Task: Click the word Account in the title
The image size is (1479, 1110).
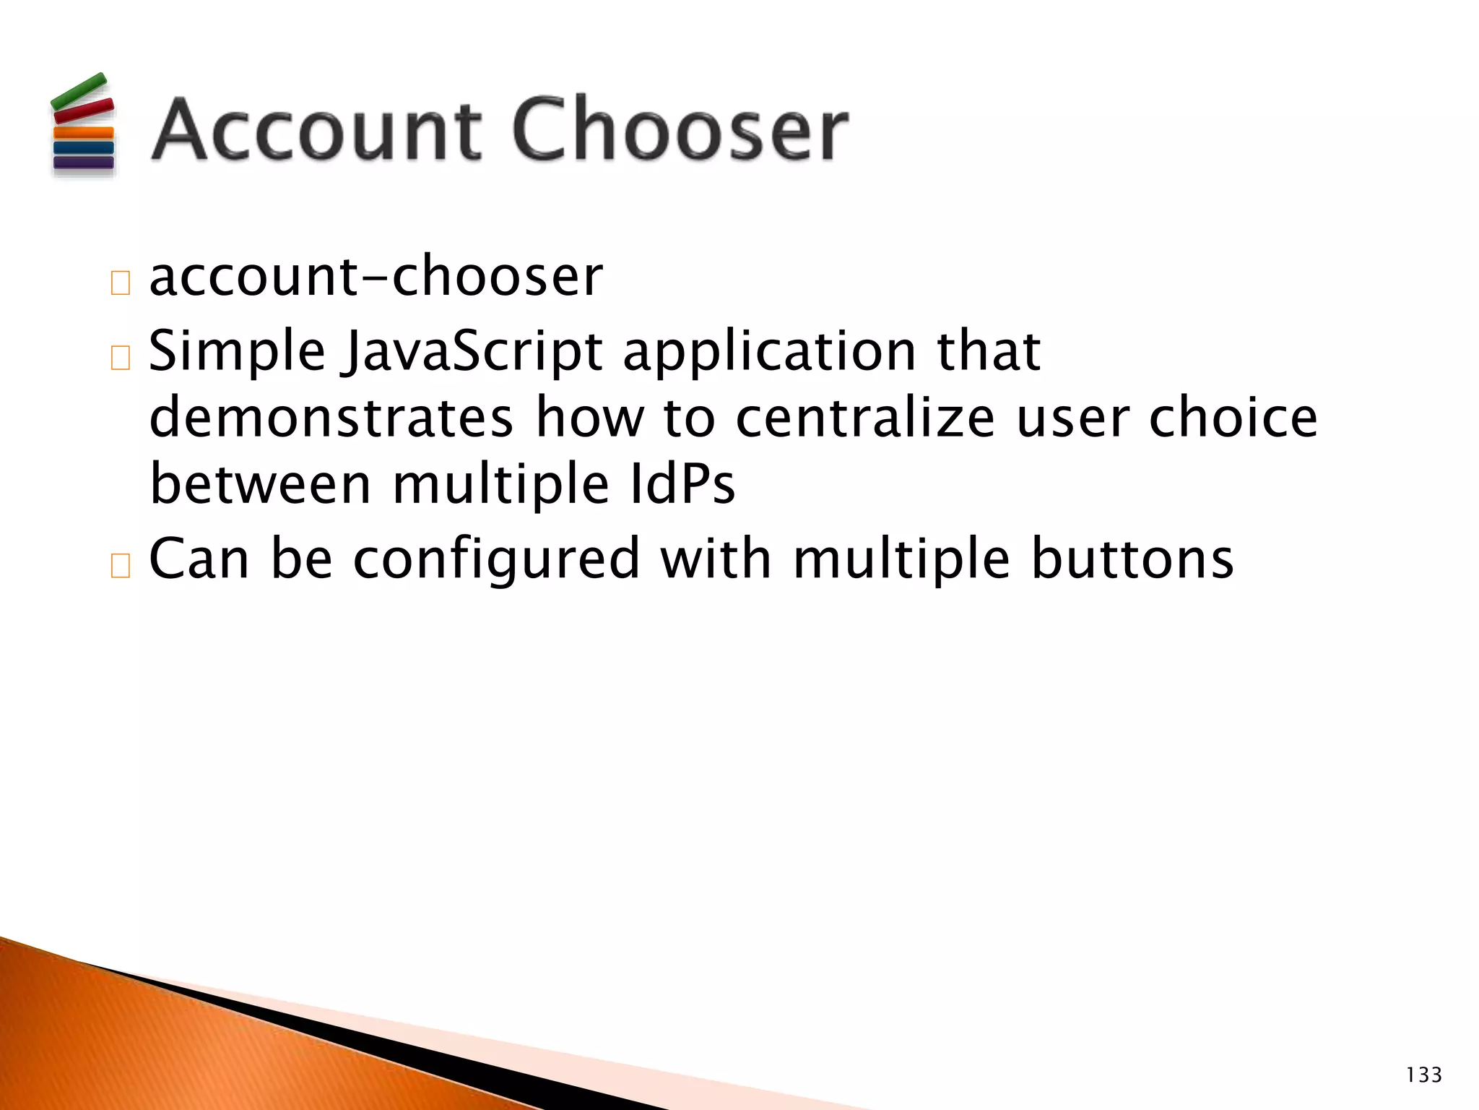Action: click(316, 130)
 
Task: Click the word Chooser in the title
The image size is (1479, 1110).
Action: click(680, 130)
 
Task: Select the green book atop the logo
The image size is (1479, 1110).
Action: click(79, 90)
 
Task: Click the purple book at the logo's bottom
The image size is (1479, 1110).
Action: click(84, 163)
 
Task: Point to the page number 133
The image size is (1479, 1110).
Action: click(1423, 1075)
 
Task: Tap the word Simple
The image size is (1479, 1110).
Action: click(237, 352)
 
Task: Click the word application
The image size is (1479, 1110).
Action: click(770, 352)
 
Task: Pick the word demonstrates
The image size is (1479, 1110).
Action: click(331, 418)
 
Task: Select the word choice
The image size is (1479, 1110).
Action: click(1233, 418)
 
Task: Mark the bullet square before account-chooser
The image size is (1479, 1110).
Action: click(121, 283)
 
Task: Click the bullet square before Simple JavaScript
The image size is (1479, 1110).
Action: click(121, 358)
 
